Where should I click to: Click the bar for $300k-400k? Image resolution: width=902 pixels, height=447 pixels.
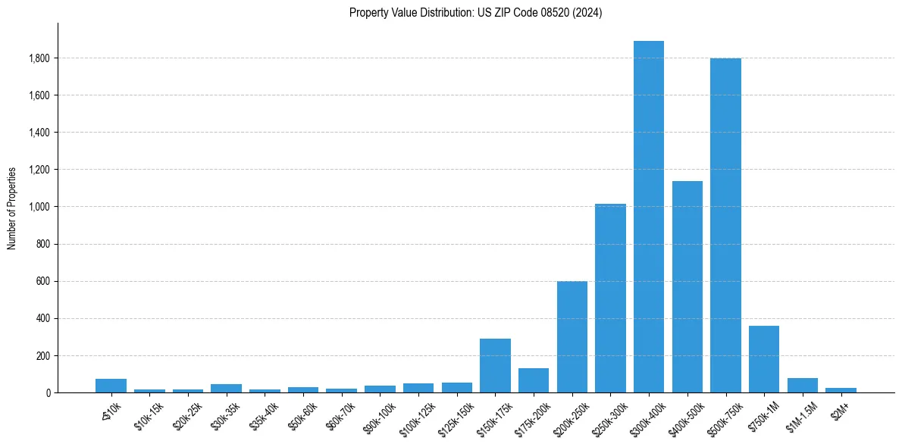648,217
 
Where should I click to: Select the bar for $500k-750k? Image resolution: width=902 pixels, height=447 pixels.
725,225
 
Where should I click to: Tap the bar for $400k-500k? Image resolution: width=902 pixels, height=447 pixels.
687,286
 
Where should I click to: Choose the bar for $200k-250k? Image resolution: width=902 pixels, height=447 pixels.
572,336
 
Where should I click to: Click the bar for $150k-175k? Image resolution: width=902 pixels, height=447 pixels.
495,365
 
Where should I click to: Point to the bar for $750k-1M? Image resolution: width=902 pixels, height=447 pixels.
763,359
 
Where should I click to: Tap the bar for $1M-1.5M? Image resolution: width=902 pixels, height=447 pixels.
802,385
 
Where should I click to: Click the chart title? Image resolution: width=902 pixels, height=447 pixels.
475,13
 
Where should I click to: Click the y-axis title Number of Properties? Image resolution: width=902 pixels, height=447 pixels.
12,208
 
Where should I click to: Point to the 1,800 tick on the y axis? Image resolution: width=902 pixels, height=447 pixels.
39,58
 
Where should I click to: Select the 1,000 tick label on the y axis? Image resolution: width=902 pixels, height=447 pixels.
39,207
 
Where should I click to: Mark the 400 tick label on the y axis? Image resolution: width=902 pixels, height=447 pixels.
43,318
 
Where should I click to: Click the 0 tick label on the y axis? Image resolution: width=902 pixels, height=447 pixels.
48,392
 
